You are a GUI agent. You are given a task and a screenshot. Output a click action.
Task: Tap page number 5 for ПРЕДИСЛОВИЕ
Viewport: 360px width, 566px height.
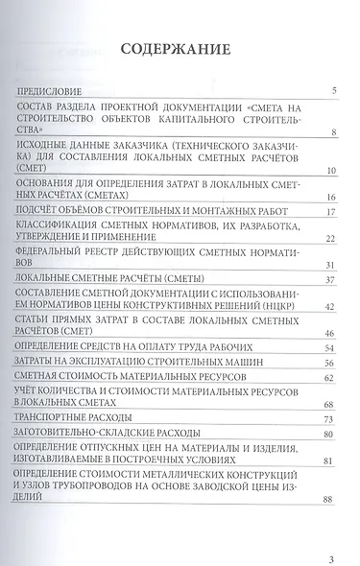pyautogui.click(x=331, y=92)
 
